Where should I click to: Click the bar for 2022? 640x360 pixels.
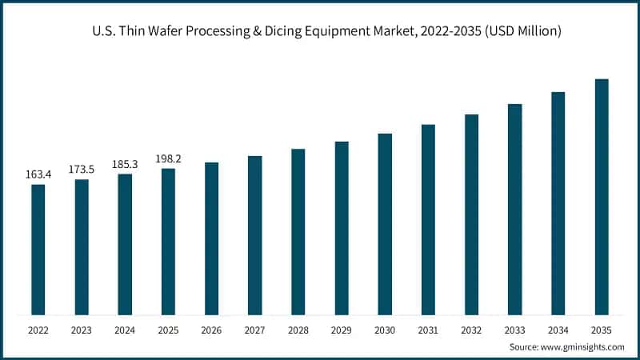(38, 250)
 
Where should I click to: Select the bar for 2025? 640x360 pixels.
(168, 242)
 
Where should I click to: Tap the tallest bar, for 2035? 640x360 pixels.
(602, 197)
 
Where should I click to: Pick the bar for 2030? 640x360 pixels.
(385, 224)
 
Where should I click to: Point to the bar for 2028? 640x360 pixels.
(298, 232)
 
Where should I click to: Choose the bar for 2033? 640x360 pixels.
(514, 210)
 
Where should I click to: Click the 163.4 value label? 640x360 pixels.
(38, 174)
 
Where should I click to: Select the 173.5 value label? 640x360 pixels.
(81, 169)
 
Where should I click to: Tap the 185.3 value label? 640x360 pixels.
(125, 164)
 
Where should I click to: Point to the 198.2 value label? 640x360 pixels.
(168, 158)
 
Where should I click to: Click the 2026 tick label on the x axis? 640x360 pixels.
(211, 330)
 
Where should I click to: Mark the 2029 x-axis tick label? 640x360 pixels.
(342, 330)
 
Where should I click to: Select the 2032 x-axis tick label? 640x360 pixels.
(471, 330)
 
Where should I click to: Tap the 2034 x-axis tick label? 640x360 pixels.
(558, 330)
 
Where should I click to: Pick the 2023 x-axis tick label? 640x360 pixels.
(81, 330)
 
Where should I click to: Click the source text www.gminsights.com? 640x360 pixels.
(583, 347)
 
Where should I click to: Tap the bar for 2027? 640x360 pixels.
(254, 235)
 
